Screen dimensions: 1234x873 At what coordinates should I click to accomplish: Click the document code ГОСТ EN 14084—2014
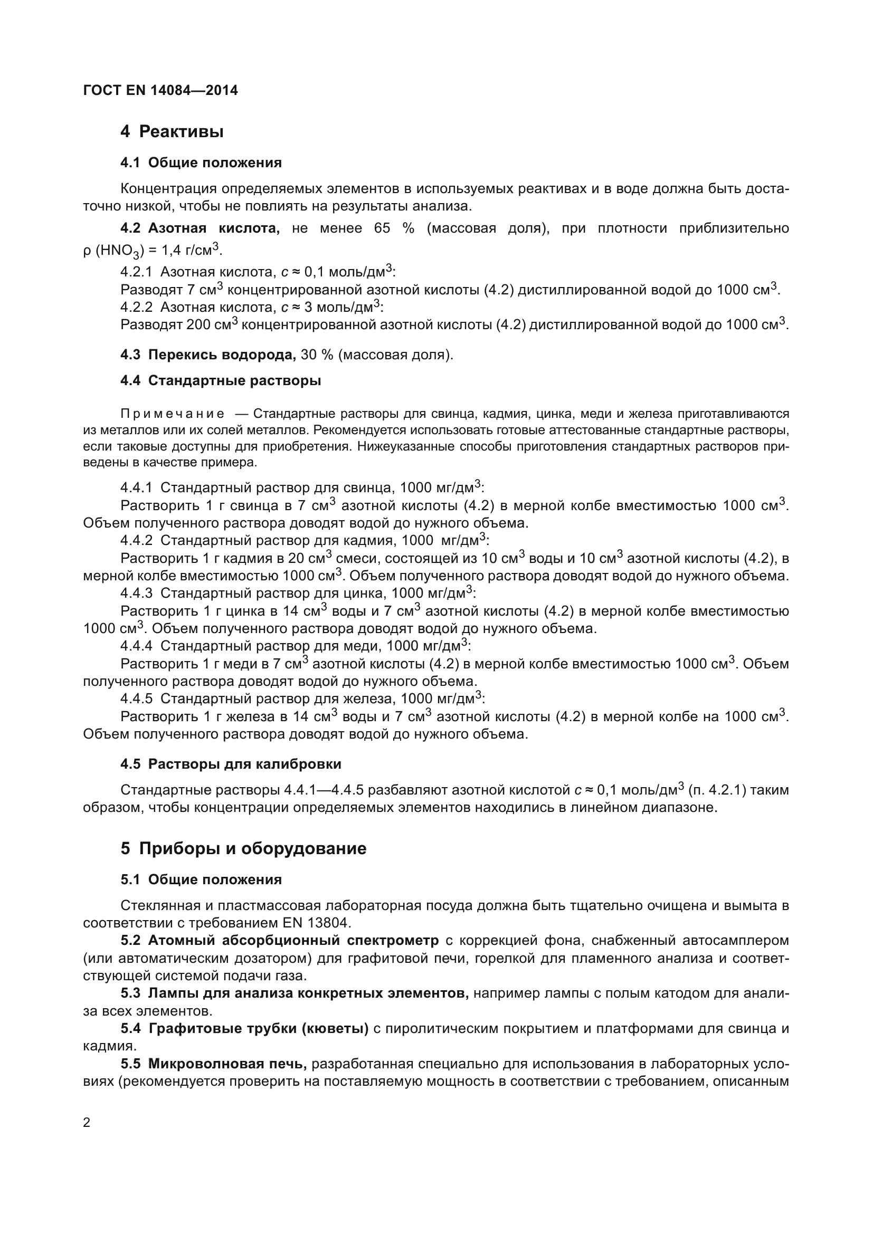tap(160, 90)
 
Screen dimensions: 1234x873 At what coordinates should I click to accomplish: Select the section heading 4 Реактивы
tap(172, 131)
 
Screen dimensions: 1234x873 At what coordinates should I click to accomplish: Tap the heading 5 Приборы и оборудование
tap(243, 848)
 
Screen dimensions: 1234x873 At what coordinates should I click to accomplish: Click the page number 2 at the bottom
tap(87, 1122)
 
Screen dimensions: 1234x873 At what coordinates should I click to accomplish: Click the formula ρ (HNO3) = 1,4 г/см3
tap(152, 251)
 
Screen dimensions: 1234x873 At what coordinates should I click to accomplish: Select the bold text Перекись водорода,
tap(222, 355)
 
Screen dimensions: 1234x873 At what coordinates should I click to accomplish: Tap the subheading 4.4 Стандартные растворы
tap(221, 380)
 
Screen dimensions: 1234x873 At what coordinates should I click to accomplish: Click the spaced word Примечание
tap(173, 414)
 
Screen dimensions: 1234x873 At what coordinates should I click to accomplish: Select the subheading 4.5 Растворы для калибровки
tap(231, 764)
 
